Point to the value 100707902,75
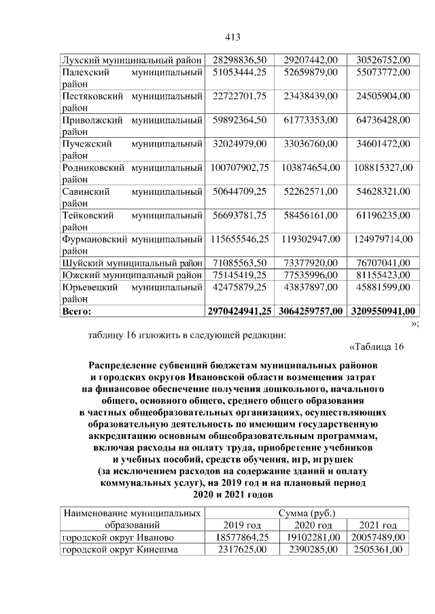pyautogui.click(x=238, y=167)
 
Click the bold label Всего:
pyautogui.click(x=76, y=311)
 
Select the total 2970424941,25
pyautogui.click(x=238, y=311)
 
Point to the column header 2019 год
pyautogui.click(x=238, y=525)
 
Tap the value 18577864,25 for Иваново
pyautogui.click(x=238, y=537)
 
